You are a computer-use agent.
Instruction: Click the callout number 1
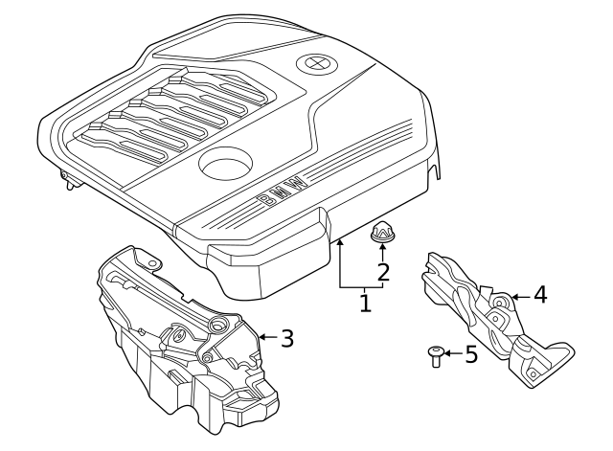coord(365,304)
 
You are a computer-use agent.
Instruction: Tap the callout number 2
coord(383,273)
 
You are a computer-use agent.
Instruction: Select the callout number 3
coord(286,337)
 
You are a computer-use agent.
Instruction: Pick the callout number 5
coord(469,355)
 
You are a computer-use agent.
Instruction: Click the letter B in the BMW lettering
coord(264,199)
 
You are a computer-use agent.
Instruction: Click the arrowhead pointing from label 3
coord(261,337)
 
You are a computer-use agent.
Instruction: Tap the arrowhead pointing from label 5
coord(446,355)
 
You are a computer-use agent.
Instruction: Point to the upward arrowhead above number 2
coord(383,248)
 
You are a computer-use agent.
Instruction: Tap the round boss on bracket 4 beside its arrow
coord(500,304)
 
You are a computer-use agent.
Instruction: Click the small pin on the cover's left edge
coord(66,178)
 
